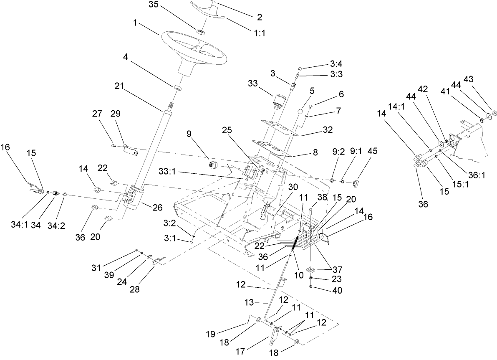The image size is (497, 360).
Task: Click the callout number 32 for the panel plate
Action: click(328, 130)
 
